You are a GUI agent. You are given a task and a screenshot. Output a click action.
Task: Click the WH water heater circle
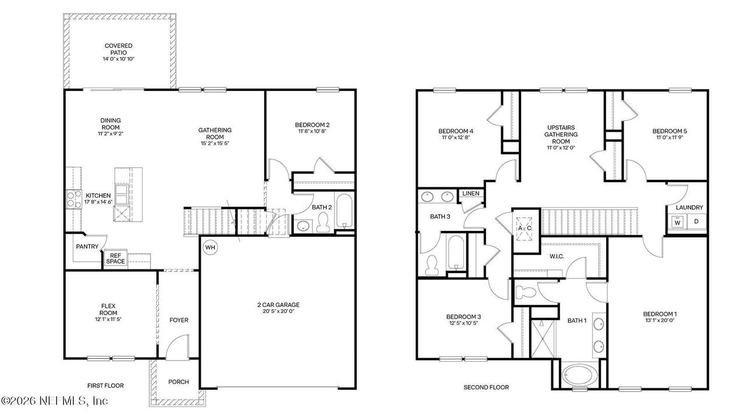210,247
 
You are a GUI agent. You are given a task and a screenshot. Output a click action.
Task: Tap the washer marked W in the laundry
677,222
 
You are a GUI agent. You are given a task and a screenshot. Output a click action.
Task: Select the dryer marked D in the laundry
696,221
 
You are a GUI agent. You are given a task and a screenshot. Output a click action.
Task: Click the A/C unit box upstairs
524,228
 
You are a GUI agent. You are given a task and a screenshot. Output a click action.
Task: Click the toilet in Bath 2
323,222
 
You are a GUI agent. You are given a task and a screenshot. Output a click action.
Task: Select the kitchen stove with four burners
73,199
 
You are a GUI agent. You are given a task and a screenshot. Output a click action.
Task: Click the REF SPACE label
115,258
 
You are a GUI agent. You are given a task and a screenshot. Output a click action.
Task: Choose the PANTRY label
87,246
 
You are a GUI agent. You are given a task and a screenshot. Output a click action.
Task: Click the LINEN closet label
471,193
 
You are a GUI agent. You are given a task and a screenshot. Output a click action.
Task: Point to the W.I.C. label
557,256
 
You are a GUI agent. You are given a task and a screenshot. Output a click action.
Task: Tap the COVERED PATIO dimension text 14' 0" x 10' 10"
118,59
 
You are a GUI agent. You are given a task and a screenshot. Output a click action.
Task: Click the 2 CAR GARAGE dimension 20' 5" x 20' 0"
279,311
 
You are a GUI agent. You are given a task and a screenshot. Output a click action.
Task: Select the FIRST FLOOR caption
105,386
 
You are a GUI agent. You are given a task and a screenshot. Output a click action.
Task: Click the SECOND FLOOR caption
486,387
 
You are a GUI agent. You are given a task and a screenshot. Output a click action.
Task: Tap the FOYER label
179,320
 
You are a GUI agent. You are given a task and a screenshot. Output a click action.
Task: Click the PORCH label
178,381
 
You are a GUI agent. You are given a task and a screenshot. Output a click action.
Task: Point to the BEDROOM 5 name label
670,131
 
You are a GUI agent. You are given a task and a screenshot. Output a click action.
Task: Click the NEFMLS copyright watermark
55,400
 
